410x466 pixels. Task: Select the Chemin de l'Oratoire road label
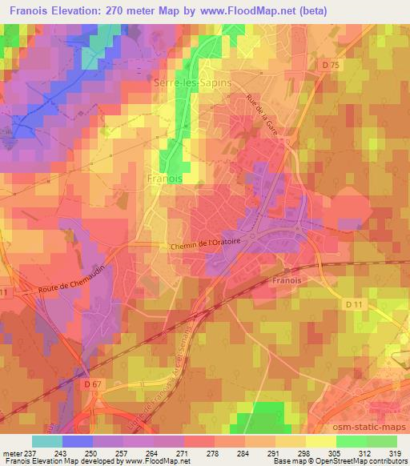pyautogui.click(x=205, y=247)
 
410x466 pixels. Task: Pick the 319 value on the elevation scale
pyautogui.click(x=396, y=452)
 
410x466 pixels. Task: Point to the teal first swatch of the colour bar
pyautogui.click(x=47, y=441)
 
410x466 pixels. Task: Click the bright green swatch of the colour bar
pyautogui.click(x=351, y=441)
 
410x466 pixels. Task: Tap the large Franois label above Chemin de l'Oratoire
pyautogui.click(x=165, y=180)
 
